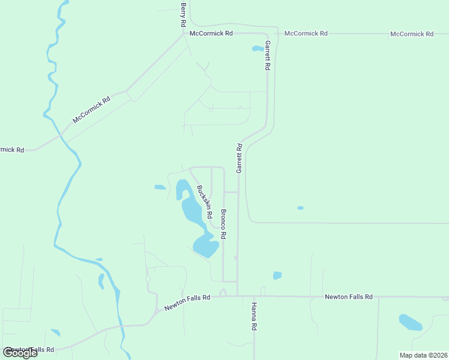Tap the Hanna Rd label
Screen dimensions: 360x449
click(255, 316)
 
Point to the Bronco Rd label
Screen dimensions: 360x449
click(223, 224)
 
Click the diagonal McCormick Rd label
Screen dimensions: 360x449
click(92, 110)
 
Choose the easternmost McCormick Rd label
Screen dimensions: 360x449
click(412, 34)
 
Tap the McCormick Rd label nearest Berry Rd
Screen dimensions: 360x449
click(211, 34)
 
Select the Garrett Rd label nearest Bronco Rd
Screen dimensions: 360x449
click(239, 158)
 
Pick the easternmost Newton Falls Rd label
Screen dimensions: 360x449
click(349, 297)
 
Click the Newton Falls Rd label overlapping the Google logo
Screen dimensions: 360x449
click(30, 350)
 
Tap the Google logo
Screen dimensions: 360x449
click(20, 352)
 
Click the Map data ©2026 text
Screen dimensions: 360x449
click(423, 355)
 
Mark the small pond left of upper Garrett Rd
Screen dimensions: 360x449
click(257, 49)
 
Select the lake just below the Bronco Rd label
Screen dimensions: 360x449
click(205, 245)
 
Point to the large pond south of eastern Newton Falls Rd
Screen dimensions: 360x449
click(410, 322)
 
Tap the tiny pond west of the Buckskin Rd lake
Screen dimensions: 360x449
click(160, 187)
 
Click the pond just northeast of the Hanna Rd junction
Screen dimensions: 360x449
click(277, 275)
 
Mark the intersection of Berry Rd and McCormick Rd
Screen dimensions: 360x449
click(184, 34)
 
